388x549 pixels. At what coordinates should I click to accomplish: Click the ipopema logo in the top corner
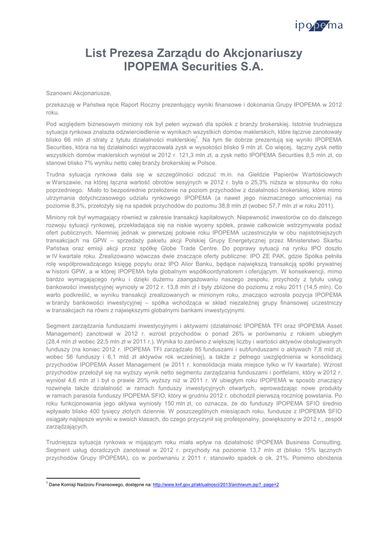pyautogui.click(x=318, y=25)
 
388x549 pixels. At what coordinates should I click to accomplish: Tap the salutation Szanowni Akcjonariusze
pyautogui.click(x=79, y=93)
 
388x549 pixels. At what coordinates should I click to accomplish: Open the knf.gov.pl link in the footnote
pyautogui.click(x=216, y=485)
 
